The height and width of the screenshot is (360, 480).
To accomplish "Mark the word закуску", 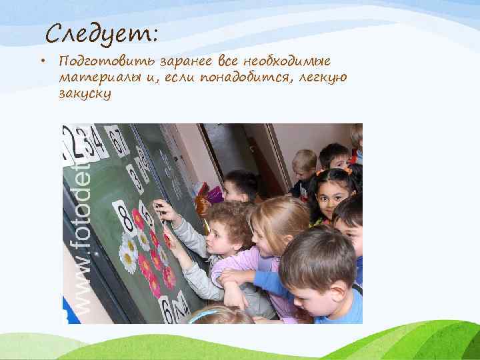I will [x=85, y=94].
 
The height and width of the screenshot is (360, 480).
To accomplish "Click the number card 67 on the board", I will [x=117, y=141].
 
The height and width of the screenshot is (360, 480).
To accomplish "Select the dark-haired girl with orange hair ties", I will [x=333, y=193].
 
